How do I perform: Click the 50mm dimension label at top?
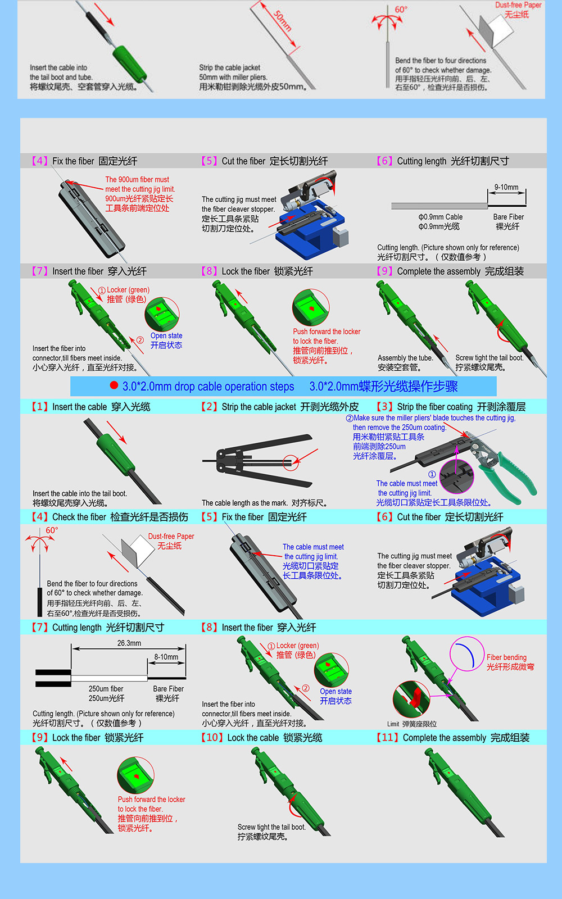(282, 21)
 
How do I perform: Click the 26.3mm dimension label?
(129, 643)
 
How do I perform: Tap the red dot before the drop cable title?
(114, 385)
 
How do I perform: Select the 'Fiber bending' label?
(506, 657)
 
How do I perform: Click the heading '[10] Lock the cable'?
(262, 738)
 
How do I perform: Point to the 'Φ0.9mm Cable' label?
(440, 217)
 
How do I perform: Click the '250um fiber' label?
(106, 689)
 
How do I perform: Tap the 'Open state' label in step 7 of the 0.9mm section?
(166, 335)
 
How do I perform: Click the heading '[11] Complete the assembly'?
(453, 738)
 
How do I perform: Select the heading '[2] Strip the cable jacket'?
(280, 407)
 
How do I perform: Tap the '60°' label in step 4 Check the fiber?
(52, 530)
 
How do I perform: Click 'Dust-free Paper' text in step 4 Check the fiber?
(171, 537)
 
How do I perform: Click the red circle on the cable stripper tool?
(291, 462)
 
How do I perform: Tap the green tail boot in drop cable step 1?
(115, 455)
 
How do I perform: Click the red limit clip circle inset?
(411, 698)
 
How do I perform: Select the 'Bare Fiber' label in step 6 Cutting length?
(508, 217)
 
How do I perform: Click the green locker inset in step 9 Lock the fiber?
(135, 775)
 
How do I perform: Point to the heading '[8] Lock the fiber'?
(257, 271)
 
